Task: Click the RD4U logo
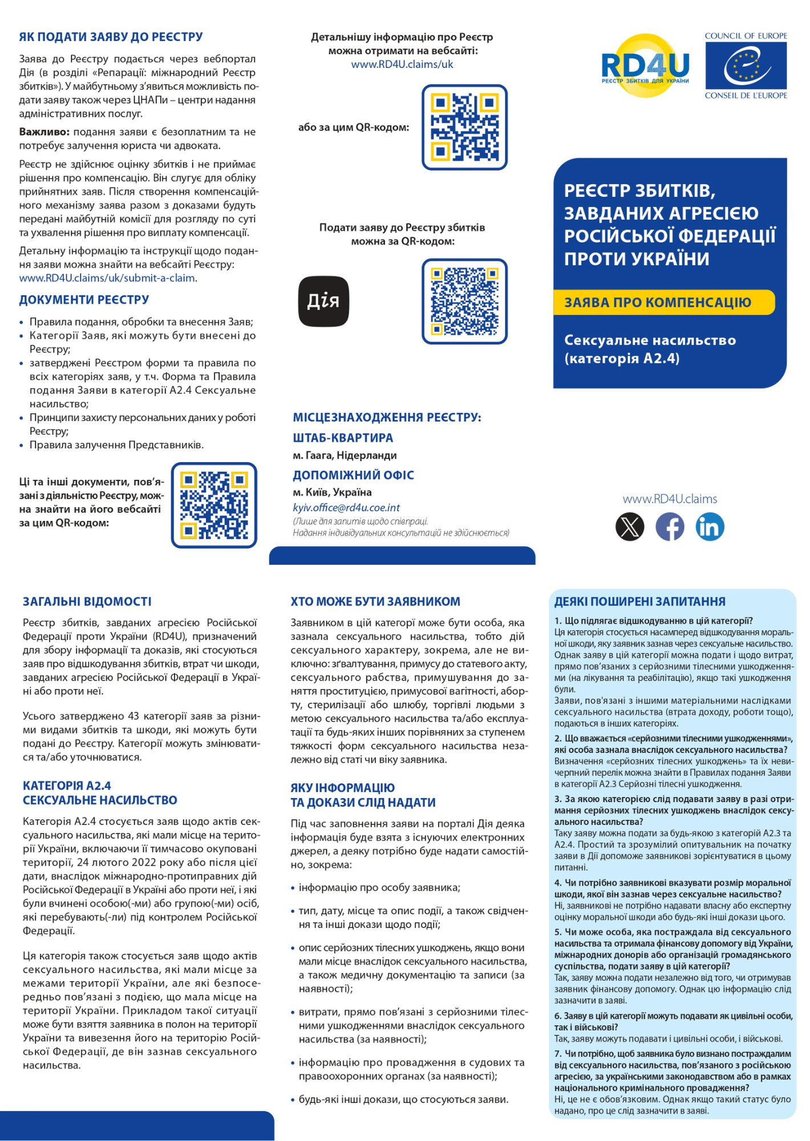pos(645,66)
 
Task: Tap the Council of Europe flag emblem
pos(746,66)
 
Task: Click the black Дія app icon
pos(323,301)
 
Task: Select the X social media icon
pos(630,526)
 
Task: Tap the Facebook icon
pos(670,526)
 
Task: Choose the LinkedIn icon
pos(710,526)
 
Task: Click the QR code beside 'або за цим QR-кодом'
pos(464,127)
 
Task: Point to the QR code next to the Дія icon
pos(464,301)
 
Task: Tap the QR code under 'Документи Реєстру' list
pos(214,505)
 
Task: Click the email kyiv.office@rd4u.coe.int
pos(346,508)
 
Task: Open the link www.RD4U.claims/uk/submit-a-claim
pos(108,278)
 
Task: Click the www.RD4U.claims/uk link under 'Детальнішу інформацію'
pos(402,64)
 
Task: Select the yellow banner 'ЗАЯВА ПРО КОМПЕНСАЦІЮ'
pos(663,302)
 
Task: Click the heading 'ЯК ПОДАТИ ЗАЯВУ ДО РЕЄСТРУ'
pos(111,37)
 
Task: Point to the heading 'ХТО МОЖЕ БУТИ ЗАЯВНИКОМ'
pos(375,601)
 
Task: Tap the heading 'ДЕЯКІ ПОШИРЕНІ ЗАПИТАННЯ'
pos(639,601)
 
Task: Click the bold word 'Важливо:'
pos(44,132)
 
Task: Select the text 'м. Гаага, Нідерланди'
pos(345,455)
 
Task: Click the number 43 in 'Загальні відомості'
pos(133,716)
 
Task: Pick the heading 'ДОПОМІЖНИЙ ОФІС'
pos(353,475)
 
